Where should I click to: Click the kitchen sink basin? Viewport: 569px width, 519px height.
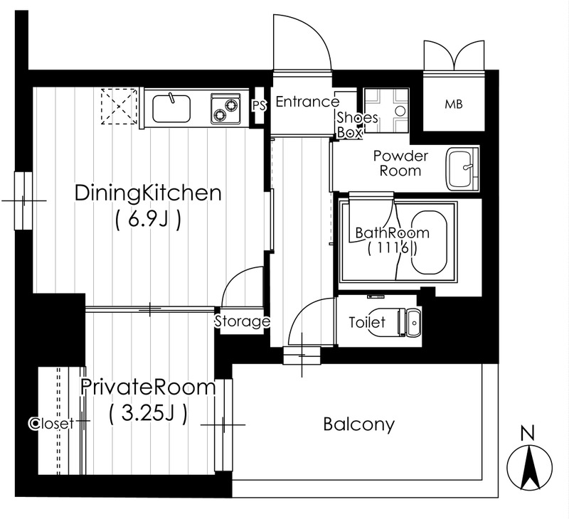(x=171, y=109)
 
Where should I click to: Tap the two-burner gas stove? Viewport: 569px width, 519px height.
(x=225, y=109)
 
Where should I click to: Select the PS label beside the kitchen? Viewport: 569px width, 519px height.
(x=260, y=106)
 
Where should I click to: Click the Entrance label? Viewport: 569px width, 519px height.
(x=307, y=102)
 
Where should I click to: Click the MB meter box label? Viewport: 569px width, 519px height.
(x=454, y=105)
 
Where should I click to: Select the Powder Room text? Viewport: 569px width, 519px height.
(x=400, y=164)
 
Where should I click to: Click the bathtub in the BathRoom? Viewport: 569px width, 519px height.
(x=430, y=242)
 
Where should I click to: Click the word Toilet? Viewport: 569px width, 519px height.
(x=367, y=322)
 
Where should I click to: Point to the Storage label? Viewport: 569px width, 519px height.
(x=243, y=321)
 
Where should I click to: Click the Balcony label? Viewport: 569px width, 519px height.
(x=358, y=424)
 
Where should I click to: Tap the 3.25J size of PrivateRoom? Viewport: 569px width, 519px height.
(x=148, y=414)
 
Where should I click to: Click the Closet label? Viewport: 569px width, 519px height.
(x=51, y=423)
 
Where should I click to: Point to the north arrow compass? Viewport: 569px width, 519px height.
(x=529, y=467)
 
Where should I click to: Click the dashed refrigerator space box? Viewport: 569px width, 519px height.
(x=119, y=106)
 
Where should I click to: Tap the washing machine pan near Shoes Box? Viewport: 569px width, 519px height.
(x=386, y=110)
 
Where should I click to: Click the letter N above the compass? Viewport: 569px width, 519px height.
(x=528, y=433)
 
